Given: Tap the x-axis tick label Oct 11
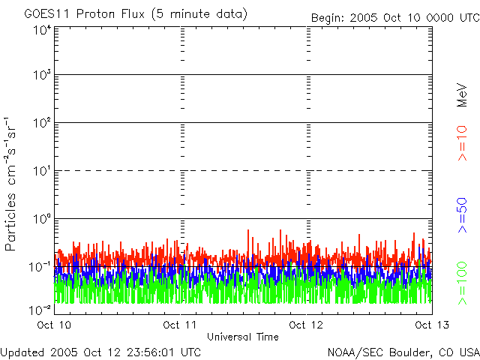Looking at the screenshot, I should coord(180,325).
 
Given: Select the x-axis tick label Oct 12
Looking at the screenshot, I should coord(306,325).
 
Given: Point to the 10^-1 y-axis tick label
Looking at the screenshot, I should coord(40,266).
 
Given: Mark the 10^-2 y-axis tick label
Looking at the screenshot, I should coord(40,309).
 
